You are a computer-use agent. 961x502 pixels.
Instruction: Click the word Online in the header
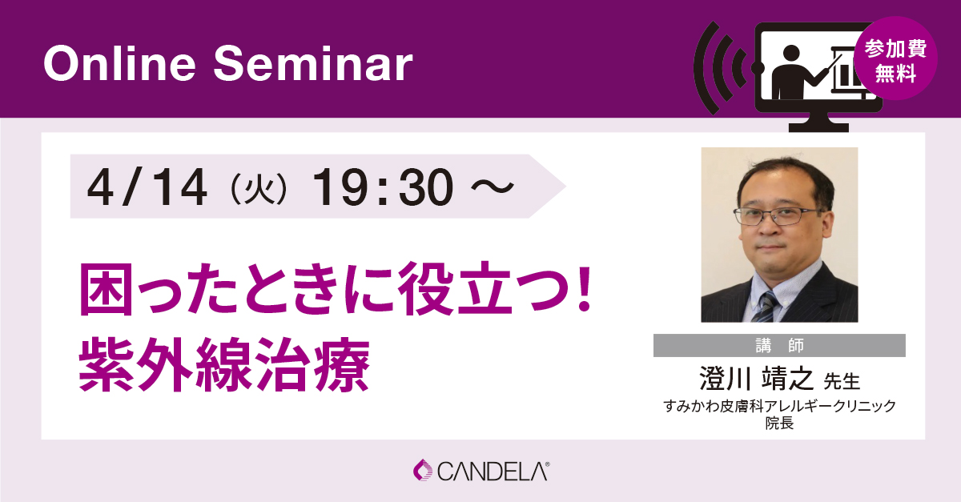(x=119, y=63)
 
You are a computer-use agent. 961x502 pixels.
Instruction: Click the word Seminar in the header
(x=313, y=63)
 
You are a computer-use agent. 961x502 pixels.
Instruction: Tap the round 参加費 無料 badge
(x=895, y=58)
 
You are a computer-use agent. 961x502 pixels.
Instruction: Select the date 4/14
(x=147, y=187)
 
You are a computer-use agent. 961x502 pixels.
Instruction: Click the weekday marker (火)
(x=259, y=189)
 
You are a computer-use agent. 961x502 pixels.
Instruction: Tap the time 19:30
(x=383, y=187)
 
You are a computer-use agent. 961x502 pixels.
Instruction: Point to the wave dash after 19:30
(x=493, y=187)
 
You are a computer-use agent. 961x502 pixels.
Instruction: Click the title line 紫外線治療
(x=224, y=365)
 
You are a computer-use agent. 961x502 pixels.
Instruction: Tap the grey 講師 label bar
(x=779, y=345)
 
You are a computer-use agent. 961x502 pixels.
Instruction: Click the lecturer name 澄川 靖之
(x=756, y=379)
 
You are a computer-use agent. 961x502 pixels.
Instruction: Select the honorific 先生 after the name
(x=842, y=381)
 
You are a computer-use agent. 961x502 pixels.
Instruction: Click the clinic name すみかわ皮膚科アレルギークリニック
(x=779, y=406)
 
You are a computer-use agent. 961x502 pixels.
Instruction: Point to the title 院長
(x=779, y=423)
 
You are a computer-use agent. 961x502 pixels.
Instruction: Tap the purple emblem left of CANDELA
(x=423, y=470)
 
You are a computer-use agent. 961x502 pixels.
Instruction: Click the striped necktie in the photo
(x=765, y=307)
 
